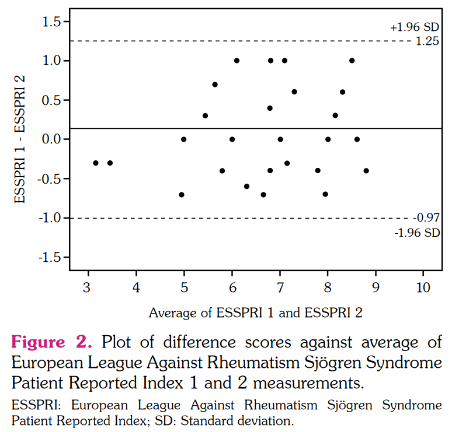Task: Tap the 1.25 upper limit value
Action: tap(427, 41)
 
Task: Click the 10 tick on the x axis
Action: tap(423, 287)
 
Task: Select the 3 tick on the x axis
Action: tap(88, 287)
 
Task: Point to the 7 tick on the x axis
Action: tap(280, 287)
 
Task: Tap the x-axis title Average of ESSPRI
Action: tap(256, 312)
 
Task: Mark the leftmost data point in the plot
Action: tap(96, 163)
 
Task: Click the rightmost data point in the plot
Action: tap(366, 171)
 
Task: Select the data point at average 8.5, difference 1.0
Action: tap(352, 61)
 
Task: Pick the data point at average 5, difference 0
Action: tap(184, 139)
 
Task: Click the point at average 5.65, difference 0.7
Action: tap(215, 85)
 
